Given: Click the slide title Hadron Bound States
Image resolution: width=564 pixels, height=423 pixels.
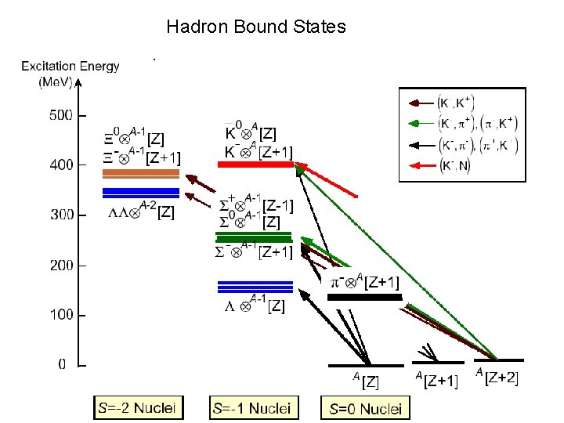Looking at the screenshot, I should [256, 27].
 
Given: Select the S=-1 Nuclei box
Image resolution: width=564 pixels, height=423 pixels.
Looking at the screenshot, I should [251, 407].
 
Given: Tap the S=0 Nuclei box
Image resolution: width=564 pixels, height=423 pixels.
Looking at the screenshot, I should [365, 407].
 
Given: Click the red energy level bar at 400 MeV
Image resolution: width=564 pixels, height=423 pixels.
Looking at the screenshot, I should [254, 164].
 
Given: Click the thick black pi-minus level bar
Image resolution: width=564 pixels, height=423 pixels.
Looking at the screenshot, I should [364, 298].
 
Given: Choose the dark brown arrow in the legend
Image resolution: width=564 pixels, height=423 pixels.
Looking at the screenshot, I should [420, 102].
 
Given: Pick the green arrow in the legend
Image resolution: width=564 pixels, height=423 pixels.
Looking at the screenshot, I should [420, 123].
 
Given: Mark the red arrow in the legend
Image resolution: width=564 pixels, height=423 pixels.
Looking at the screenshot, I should [420, 165].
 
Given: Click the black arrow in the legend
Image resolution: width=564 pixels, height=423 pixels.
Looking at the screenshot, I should [420, 144].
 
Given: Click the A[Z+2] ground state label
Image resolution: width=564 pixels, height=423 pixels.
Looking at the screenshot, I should [497, 378].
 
